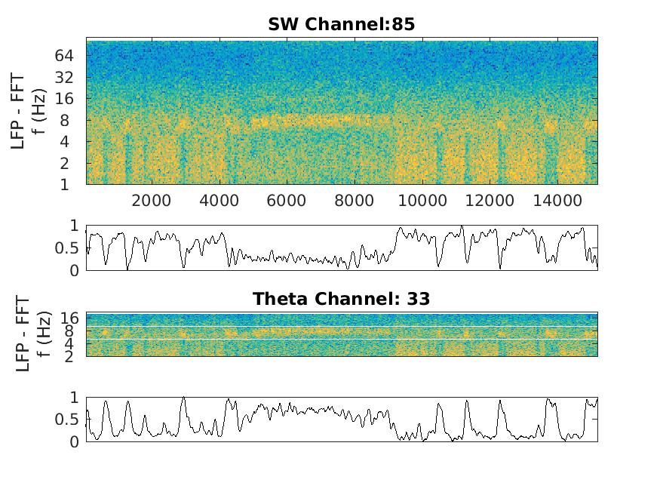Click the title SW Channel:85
pyautogui.click(x=341, y=25)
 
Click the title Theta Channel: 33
pyautogui.click(x=341, y=299)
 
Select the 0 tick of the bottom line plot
pyautogui.click(x=75, y=441)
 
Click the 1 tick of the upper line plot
pyautogui.click(x=75, y=226)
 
